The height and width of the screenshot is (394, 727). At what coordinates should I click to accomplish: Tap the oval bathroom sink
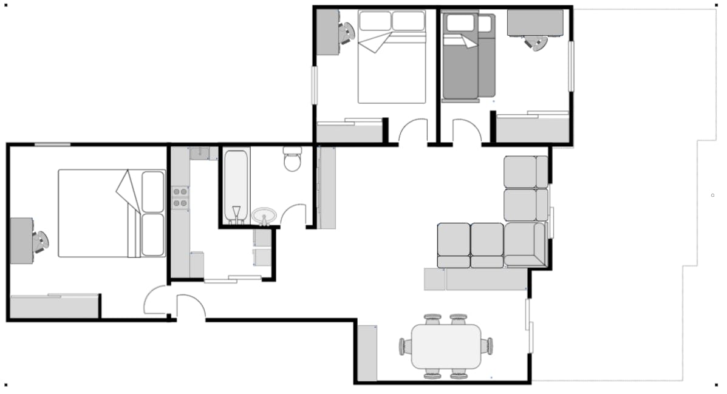coord(264,216)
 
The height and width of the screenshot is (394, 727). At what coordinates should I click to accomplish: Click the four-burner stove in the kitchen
coord(180,197)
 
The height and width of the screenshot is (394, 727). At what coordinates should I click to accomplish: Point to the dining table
coord(446,346)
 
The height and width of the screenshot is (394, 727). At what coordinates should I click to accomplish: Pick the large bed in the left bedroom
coord(112,212)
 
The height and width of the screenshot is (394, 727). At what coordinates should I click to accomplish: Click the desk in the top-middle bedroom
coord(329,32)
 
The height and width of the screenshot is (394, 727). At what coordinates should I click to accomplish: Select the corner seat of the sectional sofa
coord(525,244)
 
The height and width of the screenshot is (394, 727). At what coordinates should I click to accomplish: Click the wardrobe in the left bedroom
coord(55,307)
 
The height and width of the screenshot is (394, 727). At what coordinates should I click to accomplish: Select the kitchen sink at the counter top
coord(199,154)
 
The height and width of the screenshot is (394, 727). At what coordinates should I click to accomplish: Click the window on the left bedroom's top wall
coord(52,144)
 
